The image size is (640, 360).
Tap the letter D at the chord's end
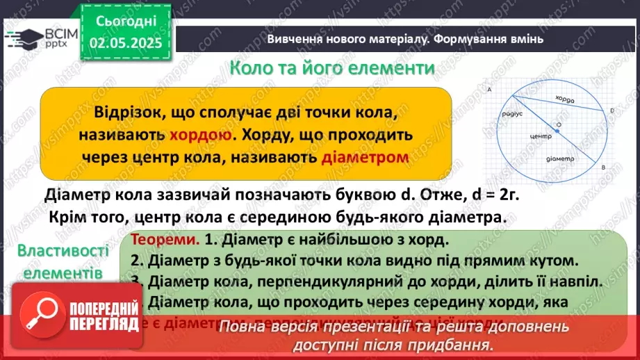(612, 111)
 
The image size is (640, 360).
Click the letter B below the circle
(602, 167)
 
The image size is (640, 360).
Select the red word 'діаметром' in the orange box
(365, 158)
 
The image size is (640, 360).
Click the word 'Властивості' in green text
(63, 251)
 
